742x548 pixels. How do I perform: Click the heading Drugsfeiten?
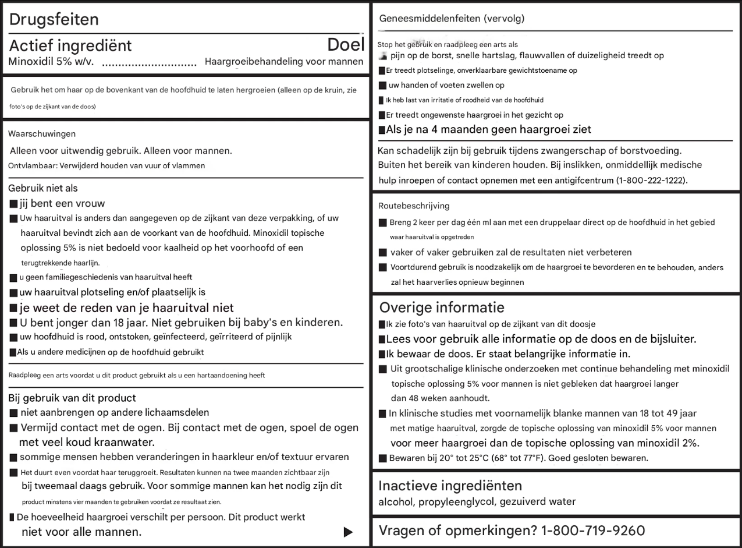coord(54,19)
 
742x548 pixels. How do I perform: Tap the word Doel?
coord(346,45)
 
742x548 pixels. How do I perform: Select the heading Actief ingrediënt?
coord(70,45)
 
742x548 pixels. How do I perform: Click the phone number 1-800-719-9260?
coord(593,531)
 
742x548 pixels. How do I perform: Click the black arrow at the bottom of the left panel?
coord(348,532)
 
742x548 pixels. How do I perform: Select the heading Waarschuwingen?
coord(42,134)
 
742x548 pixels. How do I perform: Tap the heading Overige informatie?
coord(442,307)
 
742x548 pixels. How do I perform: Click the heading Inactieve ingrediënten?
coord(450,486)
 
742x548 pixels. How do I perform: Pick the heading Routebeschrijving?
coord(414,206)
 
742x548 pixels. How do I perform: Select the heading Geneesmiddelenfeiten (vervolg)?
coord(452,19)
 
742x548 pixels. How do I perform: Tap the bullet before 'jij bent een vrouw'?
coord(13,204)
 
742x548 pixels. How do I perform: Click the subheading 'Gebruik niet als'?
coord(43,188)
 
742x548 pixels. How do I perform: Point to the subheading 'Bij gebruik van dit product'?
coord(72,398)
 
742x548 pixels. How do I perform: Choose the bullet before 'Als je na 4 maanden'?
coord(382,130)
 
